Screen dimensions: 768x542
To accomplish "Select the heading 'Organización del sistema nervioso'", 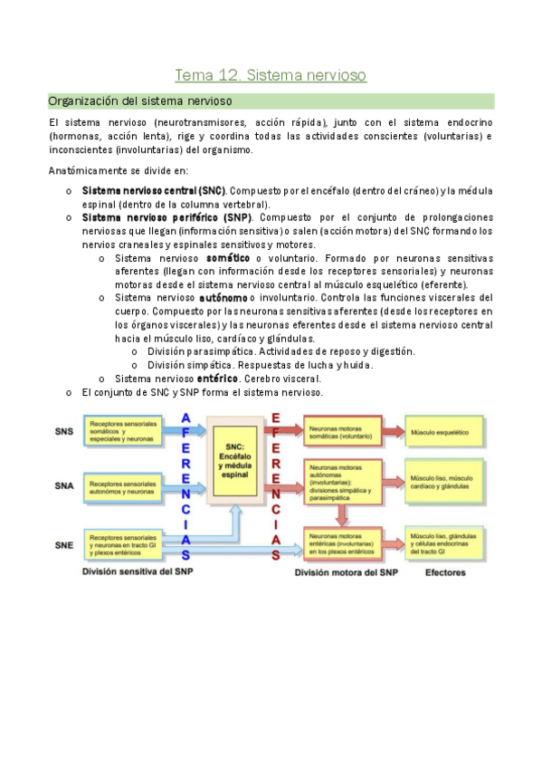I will click(140, 101).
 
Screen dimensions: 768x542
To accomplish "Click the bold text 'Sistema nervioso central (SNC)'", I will click(153, 192).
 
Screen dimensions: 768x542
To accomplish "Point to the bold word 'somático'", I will click(228, 258).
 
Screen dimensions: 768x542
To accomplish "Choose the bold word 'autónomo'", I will click(223, 298).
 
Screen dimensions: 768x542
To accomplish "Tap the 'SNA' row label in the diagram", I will click(64, 486).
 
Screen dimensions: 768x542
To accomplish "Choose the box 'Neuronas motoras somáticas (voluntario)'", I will click(342, 434).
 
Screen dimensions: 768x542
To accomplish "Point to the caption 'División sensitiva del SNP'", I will click(138, 572).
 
